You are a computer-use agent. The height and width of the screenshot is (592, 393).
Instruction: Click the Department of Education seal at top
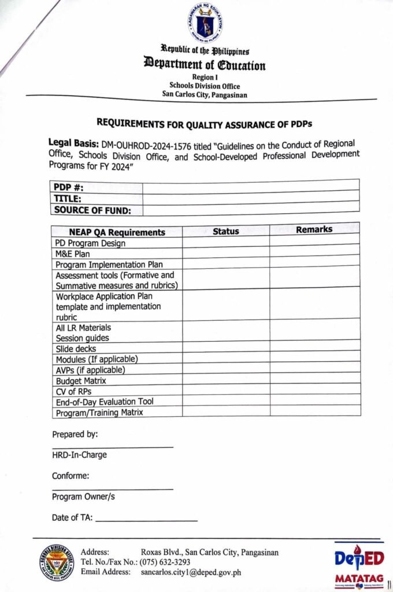[x=205, y=23]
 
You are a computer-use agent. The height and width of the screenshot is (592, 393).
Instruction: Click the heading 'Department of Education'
[x=205, y=65]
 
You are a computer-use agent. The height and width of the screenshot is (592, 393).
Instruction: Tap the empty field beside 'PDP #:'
[x=250, y=186]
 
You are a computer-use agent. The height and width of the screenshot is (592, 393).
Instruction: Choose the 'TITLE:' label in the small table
[x=68, y=198]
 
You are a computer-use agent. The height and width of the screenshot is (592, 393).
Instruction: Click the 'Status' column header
[x=225, y=231]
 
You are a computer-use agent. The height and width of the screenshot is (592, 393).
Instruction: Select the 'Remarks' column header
[x=314, y=230]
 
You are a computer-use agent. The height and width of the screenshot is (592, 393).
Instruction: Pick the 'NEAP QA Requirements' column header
[x=117, y=232]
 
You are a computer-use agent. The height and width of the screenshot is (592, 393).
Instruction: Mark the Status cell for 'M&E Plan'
[x=225, y=253]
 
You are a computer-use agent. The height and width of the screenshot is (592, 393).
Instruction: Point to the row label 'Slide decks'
[x=76, y=349]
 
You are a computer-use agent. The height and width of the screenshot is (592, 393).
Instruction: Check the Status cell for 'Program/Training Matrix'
[x=225, y=411]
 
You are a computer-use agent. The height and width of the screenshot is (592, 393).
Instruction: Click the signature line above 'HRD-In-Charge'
[x=112, y=446]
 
